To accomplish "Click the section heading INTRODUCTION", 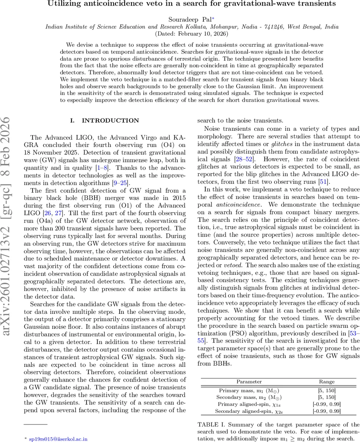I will (110, 120).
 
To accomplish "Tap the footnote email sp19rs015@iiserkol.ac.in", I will (58, 439).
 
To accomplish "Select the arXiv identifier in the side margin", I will (11, 221).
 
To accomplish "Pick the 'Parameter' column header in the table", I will (249, 382).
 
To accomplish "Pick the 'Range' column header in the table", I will (327, 382).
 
